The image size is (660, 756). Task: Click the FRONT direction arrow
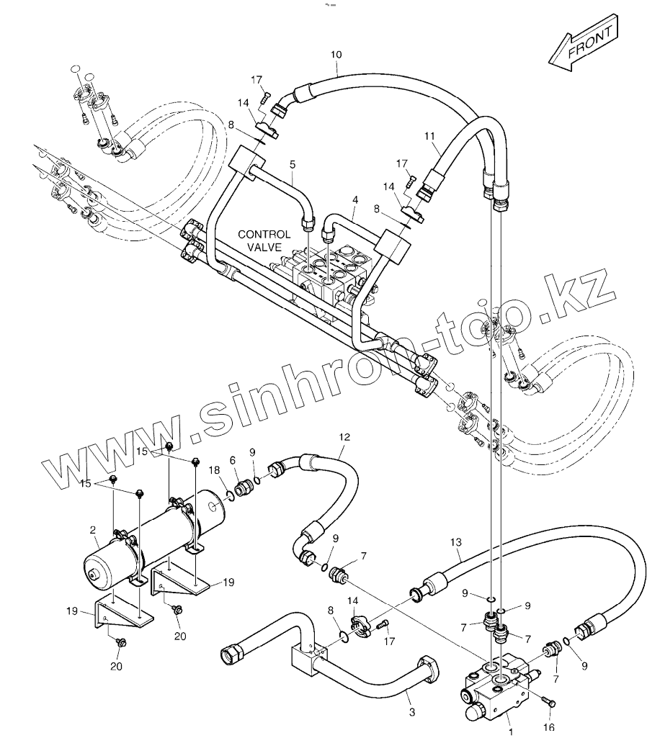(582, 48)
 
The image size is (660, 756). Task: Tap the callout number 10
(336, 54)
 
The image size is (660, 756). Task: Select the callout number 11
(430, 135)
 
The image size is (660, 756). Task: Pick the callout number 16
(549, 728)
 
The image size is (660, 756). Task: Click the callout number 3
(411, 713)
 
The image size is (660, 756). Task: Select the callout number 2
(93, 530)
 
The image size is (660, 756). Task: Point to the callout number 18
(214, 469)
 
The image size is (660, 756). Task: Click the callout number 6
(232, 460)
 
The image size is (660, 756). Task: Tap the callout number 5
(292, 164)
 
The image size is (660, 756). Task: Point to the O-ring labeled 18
(228, 494)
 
